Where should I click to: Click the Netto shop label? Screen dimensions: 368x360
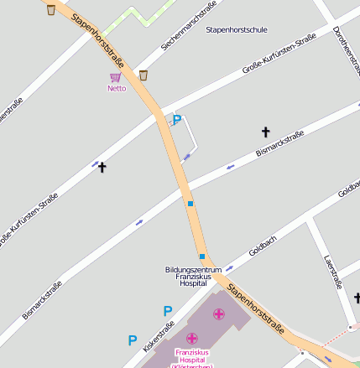[117, 88]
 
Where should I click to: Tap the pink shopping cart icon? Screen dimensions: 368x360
[115, 78]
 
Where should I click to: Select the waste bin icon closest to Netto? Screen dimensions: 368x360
[143, 75]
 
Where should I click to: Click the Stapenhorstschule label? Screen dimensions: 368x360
[237, 29]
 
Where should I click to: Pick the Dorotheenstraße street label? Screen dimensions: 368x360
[345, 45]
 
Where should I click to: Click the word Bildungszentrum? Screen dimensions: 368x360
[193, 269]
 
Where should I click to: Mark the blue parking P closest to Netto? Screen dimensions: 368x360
[176, 121]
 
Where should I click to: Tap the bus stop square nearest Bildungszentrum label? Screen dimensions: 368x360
[202, 257]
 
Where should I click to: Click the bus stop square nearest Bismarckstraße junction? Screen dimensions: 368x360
[190, 203]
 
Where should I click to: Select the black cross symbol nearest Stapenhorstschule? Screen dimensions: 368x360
[266, 132]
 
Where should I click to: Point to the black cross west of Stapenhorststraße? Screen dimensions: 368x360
[102, 167]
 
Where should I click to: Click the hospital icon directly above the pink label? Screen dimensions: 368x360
[192, 339]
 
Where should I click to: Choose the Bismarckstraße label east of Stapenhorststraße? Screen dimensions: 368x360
[279, 144]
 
